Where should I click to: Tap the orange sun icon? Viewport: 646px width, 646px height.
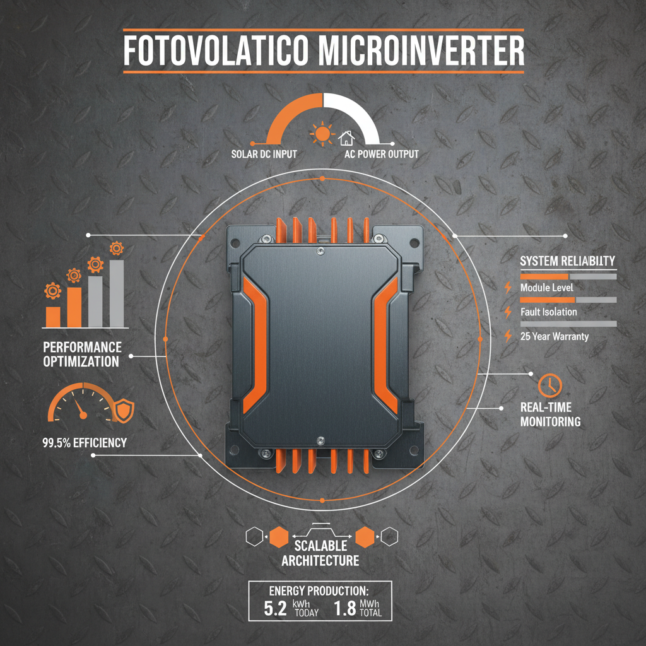(322, 134)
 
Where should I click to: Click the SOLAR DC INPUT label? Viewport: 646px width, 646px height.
(264, 154)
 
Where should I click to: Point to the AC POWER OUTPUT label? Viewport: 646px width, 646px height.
(382, 154)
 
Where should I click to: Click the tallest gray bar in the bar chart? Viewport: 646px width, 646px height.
(117, 293)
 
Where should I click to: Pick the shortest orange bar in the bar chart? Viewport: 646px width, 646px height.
(54, 317)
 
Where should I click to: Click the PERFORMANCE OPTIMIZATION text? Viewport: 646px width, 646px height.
(82, 355)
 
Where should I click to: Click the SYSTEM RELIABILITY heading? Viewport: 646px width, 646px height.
(568, 261)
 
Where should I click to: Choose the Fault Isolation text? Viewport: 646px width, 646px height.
(549, 312)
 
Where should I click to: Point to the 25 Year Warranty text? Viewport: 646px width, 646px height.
(555, 336)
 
